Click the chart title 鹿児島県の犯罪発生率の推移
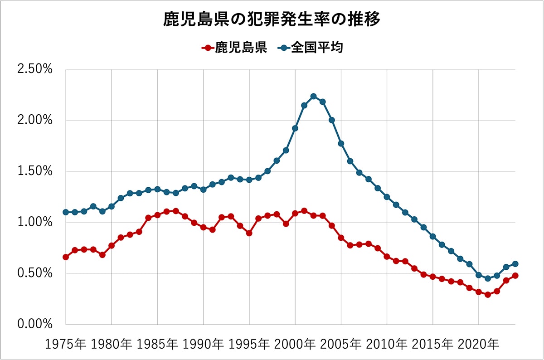click(x=272, y=20)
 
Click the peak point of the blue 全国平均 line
click(x=313, y=96)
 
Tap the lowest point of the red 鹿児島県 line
click(x=488, y=295)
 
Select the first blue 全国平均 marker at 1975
click(x=66, y=212)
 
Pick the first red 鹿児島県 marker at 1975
click(x=66, y=257)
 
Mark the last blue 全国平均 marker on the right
click(x=515, y=264)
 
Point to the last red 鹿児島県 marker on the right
click(x=515, y=276)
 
